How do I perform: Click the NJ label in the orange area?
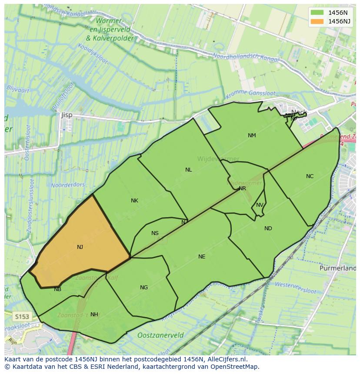pyautogui.click(x=80, y=247)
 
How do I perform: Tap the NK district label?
pyautogui.click(x=134, y=201)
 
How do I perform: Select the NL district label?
pyautogui.click(x=188, y=170)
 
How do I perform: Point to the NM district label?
pyautogui.click(x=252, y=136)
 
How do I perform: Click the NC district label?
pyautogui.click(x=310, y=176)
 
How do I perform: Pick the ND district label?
pyautogui.click(x=268, y=228)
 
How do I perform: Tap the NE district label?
pyautogui.click(x=202, y=257)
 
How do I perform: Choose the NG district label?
pyautogui.click(x=144, y=288)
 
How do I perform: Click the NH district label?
pyautogui.click(x=94, y=314)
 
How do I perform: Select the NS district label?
pyautogui.click(x=155, y=233)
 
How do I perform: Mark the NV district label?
pyautogui.click(x=260, y=205)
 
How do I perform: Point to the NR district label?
pyautogui.click(x=242, y=189)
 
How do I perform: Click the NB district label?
pyautogui.click(x=57, y=289)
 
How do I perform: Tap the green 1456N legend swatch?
pyautogui.click(x=317, y=13)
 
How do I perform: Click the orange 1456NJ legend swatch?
pyautogui.click(x=317, y=21)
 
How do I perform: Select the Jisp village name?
pyautogui.click(x=67, y=115)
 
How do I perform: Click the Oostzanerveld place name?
pyautogui.click(x=160, y=335)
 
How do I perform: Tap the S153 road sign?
pyautogui.click(x=21, y=316)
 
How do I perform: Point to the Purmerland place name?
pyautogui.click(x=337, y=268)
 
